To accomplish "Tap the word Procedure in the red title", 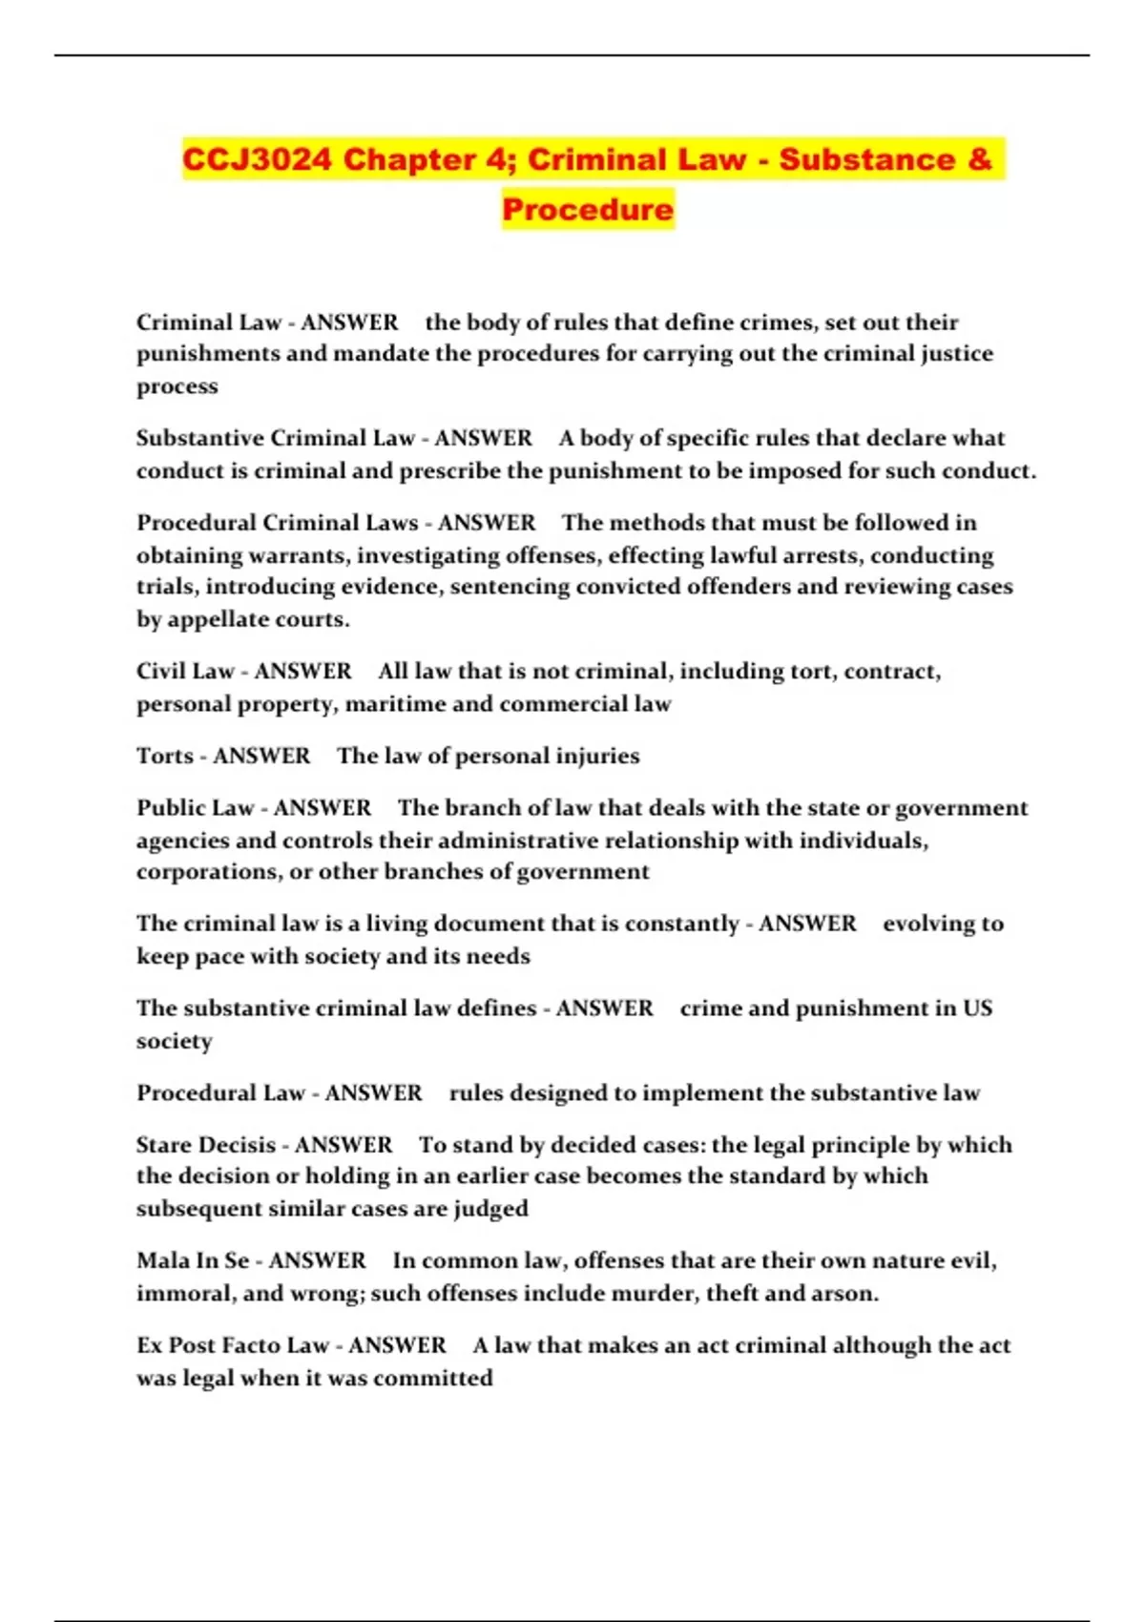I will pyautogui.click(x=588, y=209).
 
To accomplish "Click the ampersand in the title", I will pyautogui.click(x=979, y=159).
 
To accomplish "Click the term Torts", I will pyautogui.click(x=165, y=756).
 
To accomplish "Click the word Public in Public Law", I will pyautogui.click(x=170, y=808).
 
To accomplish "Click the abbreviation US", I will pyautogui.click(x=977, y=1009).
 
